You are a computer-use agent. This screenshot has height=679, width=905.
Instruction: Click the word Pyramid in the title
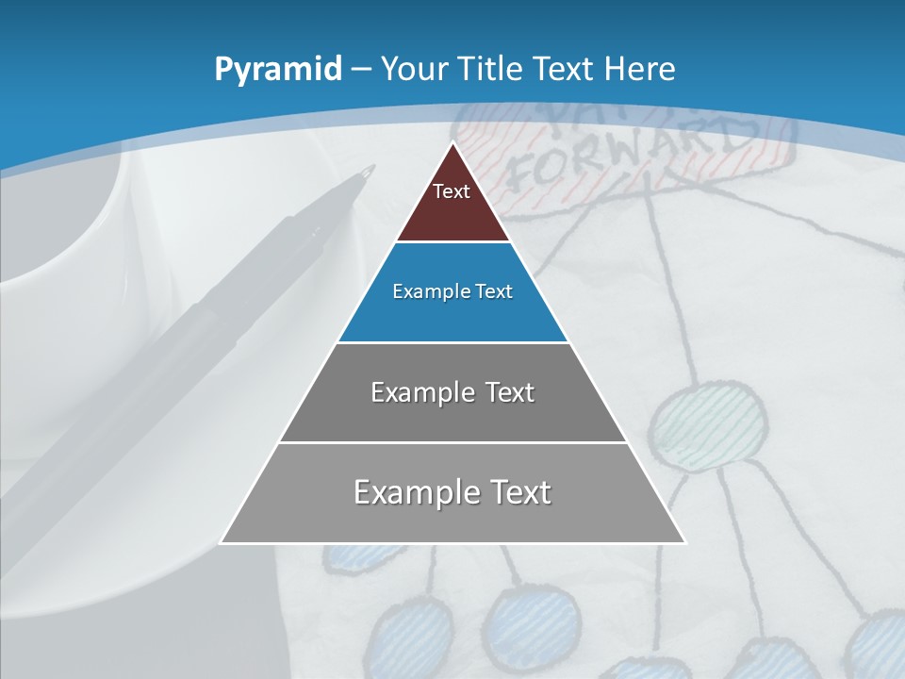(278, 70)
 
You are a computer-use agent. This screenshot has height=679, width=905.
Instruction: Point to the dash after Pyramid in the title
(360, 70)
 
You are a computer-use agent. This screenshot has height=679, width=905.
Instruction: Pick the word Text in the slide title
(566, 69)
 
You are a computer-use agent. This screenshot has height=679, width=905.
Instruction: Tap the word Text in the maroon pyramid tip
(452, 191)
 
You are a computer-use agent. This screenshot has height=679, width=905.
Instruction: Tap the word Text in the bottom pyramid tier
(517, 492)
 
